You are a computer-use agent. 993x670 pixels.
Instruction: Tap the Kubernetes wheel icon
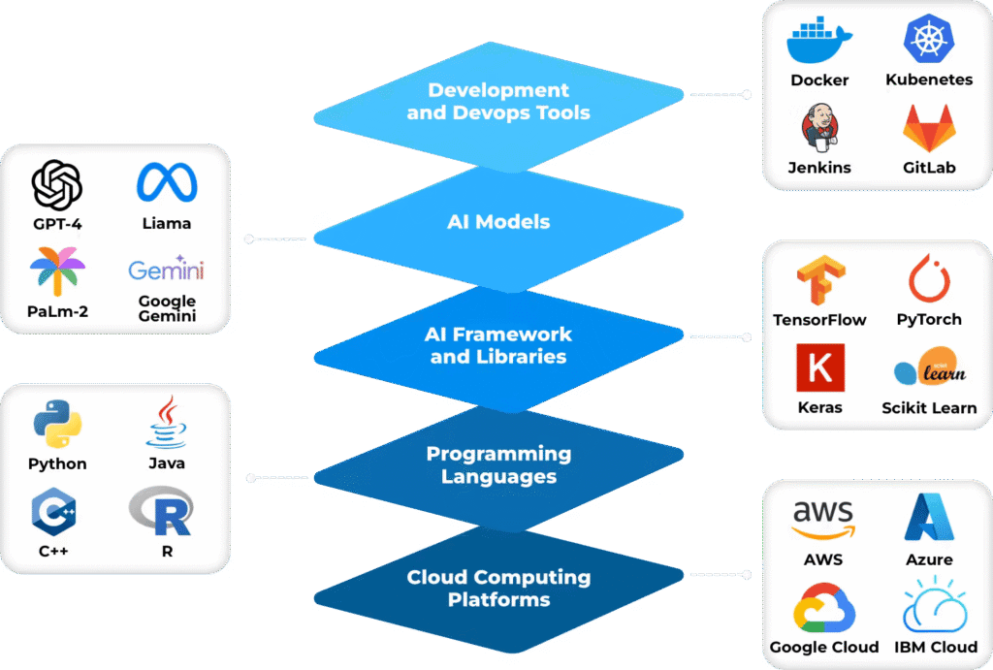coord(929,40)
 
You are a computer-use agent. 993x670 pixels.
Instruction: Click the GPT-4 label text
coord(57,223)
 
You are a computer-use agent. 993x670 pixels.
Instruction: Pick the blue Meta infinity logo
coord(167,182)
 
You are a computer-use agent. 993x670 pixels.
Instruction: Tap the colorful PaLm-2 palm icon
coord(57,271)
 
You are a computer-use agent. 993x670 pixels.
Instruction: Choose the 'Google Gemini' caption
coord(167,308)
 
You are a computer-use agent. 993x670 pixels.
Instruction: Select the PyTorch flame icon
coord(929,279)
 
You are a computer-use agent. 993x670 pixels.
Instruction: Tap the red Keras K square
coord(819,368)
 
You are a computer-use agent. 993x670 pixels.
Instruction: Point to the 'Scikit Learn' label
coord(929,408)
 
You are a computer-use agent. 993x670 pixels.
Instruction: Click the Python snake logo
coord(57,424)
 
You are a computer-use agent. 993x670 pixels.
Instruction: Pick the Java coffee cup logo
coord(167,422)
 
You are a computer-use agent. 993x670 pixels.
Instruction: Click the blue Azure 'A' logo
coord(929,517)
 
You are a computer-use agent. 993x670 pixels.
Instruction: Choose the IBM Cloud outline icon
coord(929,606)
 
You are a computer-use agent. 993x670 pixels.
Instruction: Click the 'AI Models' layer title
coord(498,222)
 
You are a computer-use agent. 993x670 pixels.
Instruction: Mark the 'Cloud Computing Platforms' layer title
coord(498,589)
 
